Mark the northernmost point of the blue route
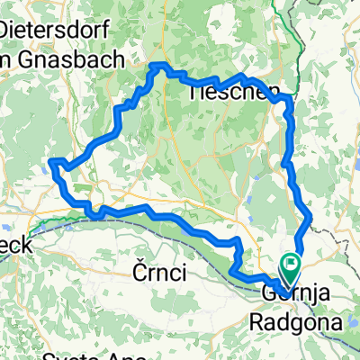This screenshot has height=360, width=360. pos(159,65)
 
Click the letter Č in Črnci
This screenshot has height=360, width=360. pos(136,274)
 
